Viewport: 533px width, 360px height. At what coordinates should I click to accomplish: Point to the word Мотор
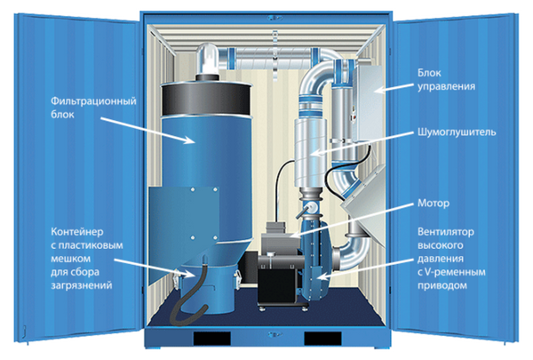pos(433,202)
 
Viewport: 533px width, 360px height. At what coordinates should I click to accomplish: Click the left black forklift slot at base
pos(216,340)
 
